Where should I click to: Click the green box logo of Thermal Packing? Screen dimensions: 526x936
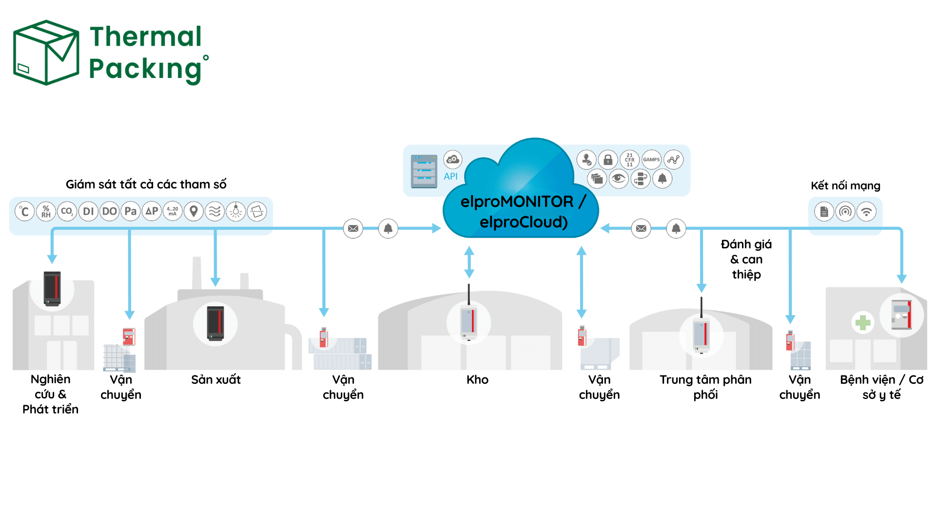coord(46,53)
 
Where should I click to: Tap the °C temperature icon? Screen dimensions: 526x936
coord(24,211)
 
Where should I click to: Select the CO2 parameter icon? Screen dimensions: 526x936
coord(67,211)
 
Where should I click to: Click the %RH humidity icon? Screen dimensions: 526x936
coord(46,211)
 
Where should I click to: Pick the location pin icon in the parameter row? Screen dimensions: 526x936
coord(194,211)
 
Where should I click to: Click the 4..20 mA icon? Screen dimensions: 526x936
coord(173,211)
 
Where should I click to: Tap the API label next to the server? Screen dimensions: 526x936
coord(450,176)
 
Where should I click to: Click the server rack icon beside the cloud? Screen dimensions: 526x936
coord(424,171)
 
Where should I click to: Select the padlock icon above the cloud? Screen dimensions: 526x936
coord(608,159)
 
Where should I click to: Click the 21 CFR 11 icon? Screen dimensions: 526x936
coord(629,159)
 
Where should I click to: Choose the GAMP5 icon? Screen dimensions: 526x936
coord(651,159)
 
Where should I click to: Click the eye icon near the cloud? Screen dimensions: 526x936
coord(618,178)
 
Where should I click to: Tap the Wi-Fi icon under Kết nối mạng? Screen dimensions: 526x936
coord(866,211)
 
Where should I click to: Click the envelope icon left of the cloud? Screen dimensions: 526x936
coord(353,228)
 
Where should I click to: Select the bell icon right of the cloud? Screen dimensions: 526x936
coord(676,228)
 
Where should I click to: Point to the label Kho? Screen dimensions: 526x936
coord(477,379)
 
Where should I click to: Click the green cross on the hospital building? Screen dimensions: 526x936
coord(863,322)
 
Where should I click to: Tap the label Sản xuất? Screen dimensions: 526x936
coord(216,379)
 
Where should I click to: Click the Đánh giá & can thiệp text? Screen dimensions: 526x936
coord(746,259)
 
